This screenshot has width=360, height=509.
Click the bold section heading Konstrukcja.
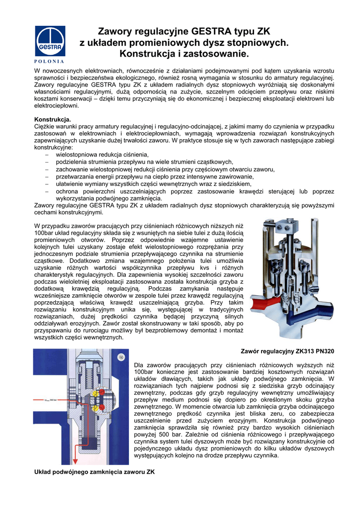click(x=52, y=120)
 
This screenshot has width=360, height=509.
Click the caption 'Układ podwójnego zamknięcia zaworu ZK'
click(x=94, y=472)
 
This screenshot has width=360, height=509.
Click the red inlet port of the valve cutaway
click(x=260, y=303)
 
